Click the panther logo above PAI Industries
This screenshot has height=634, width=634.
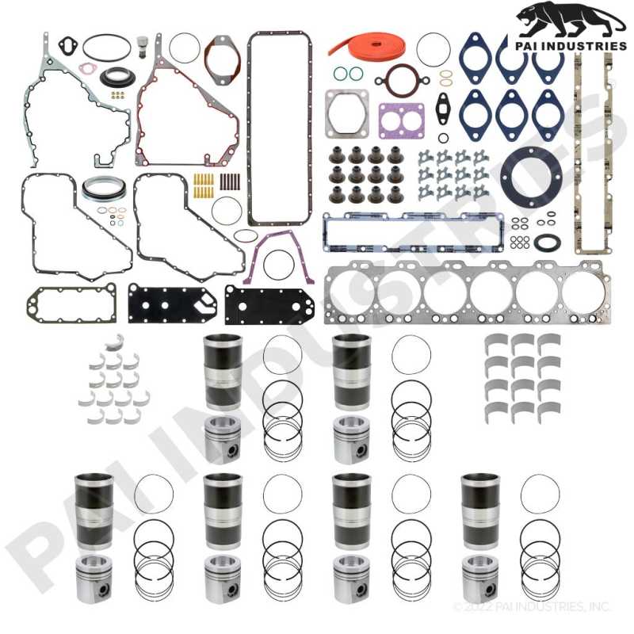click(x=570, y=21)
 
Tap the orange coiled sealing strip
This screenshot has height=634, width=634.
click(x=367, y=44)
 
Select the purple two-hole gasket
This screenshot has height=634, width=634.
click(x=401, y=120)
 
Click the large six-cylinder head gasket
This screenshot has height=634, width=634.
click(x=467, y=292)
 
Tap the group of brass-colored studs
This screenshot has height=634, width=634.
click(x=204, y=185)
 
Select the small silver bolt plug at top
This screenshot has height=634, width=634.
click(x=142, y=47)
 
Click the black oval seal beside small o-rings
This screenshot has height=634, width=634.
click(x=547, y=242)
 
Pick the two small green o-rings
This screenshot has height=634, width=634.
click(x=348, y=74)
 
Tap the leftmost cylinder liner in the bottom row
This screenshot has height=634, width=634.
click(x=94, y=511)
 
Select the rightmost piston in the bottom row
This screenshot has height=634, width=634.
click(x=480, y=579)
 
